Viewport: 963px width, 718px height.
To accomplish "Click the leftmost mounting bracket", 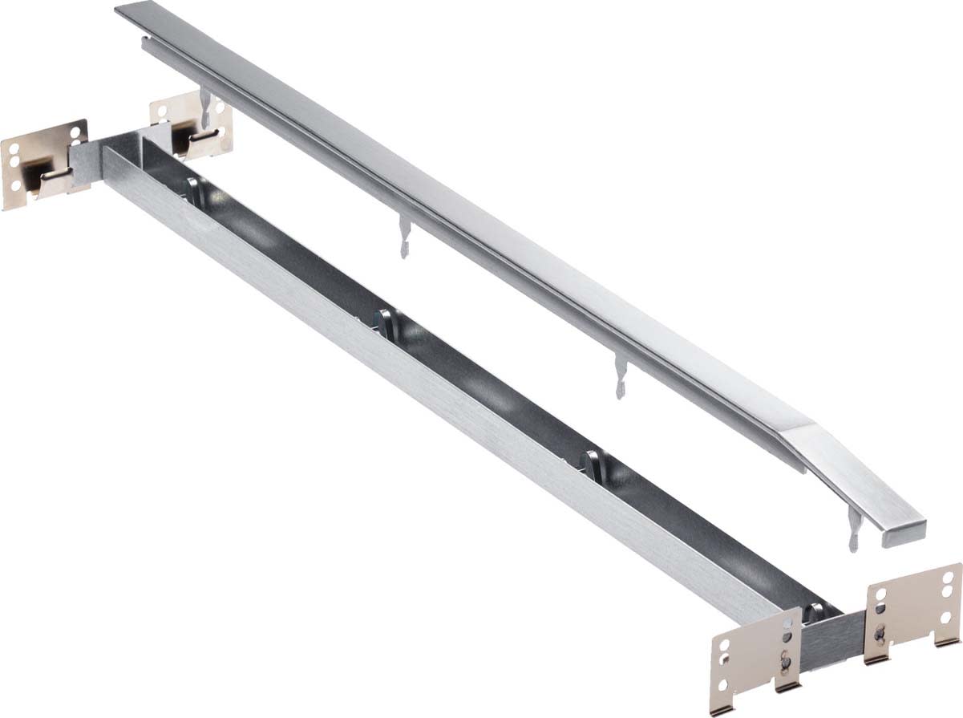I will pos(40,164).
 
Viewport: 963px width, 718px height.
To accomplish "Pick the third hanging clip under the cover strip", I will pos(620,377).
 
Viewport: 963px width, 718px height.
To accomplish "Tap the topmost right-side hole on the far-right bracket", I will pos(949,575).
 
